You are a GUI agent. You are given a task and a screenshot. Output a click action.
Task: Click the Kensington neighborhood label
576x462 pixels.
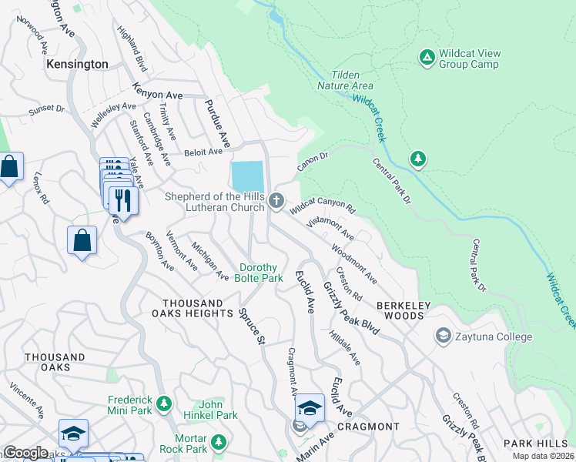coord(76,64)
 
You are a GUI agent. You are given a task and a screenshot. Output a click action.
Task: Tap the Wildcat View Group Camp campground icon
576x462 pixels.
coord(426,57)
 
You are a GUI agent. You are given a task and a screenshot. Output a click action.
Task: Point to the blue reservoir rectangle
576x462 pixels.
coord(247,176)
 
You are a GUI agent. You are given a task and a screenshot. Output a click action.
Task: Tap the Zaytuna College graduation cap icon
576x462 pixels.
coord(443,336)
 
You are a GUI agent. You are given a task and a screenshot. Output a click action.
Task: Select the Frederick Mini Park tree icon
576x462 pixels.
coord(163,403)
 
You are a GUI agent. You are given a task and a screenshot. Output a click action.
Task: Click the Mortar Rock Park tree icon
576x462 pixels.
coord(219,442)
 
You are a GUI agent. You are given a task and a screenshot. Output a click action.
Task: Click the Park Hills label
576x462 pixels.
coord(536,444)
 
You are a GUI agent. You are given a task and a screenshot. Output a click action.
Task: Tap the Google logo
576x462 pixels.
coord(25,453)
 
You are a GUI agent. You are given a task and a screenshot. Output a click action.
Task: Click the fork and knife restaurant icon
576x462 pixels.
coord(122,200)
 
